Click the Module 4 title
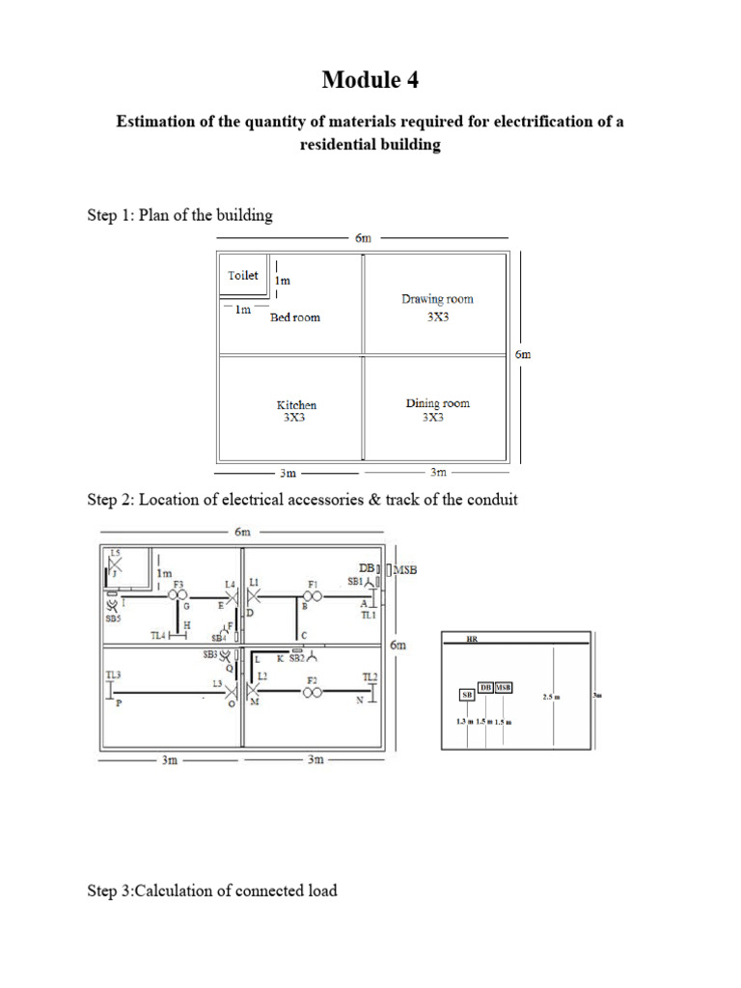370,80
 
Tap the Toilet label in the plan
243,275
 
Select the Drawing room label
437,299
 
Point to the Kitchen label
296,405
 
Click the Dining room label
437,403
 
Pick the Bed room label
295,317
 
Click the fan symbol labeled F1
312,597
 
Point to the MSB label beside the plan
405,570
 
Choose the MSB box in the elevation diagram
504,687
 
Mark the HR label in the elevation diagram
472,639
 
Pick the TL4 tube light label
159,636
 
